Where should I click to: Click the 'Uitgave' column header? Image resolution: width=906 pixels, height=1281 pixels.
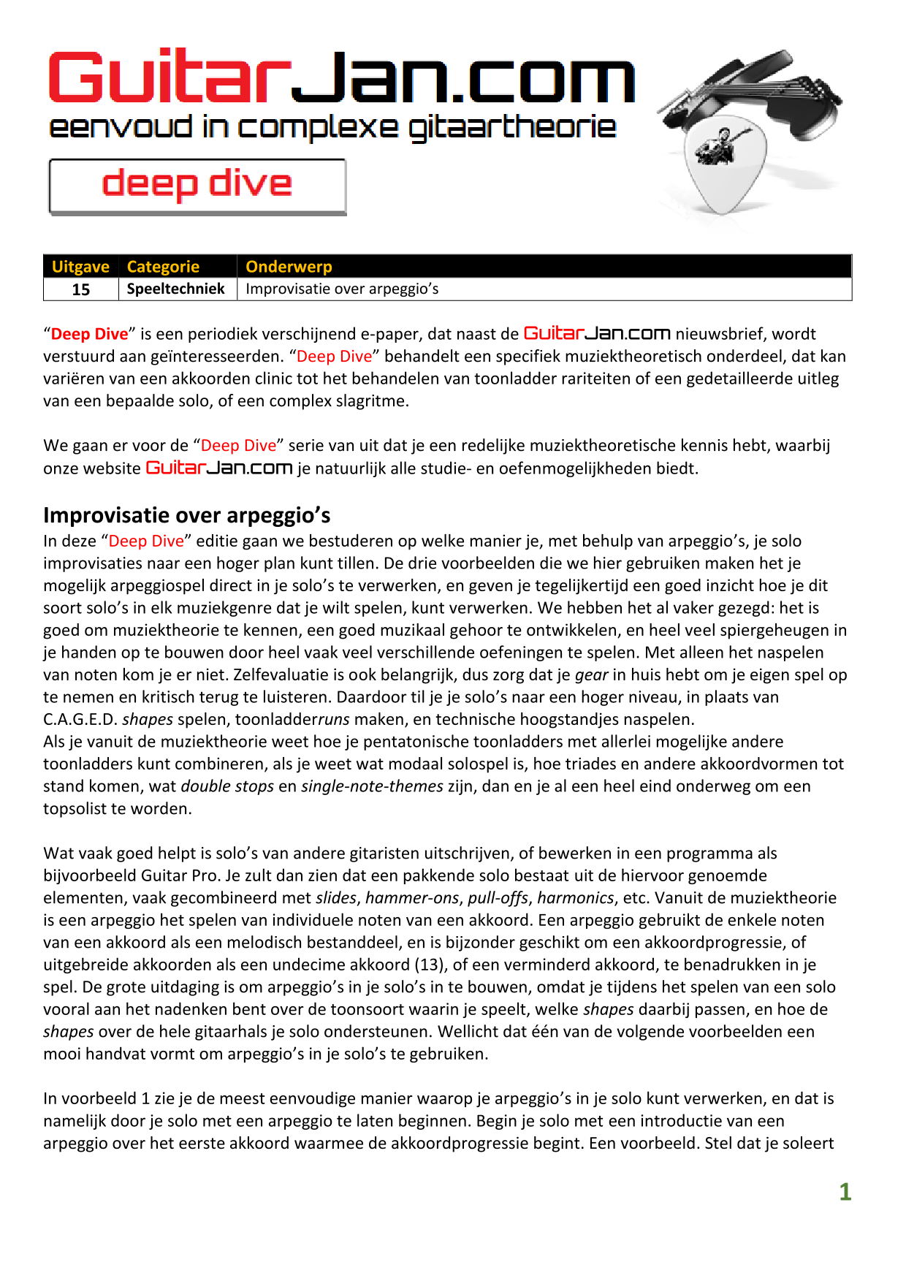click(80, 267)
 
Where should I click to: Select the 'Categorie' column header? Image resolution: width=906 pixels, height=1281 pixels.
click(163, 267)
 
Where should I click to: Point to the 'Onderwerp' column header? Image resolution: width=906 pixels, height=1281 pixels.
click(289, 267)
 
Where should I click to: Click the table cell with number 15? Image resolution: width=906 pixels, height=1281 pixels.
click(81, 289)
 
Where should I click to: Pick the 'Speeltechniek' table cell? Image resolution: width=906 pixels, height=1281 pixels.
click(176, 289)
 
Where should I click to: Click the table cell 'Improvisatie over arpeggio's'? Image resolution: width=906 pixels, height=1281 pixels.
click(342, 289)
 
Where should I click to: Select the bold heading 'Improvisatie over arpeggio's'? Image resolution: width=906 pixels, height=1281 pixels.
click(186, 515)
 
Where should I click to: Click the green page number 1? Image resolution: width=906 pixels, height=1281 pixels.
click(845, 1192)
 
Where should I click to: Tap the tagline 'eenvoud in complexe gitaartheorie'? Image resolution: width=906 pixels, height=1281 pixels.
click(332, 128)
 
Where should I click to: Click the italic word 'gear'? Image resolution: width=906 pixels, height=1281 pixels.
click(591, 674)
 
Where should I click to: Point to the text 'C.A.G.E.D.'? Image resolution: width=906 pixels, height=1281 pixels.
click(80, 719)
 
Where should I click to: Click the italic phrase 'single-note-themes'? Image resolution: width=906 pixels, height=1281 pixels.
click(372, 786)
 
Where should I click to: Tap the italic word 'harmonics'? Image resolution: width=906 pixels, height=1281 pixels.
click(575, 898)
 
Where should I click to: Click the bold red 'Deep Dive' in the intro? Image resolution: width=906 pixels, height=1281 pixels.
click(89, 334)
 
